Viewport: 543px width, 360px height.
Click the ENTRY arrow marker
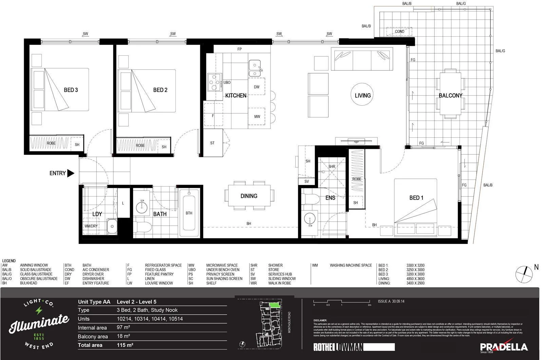tap(71, 173)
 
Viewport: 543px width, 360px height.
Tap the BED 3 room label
tap(71, 90)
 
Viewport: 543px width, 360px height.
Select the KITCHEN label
tap(236, 96)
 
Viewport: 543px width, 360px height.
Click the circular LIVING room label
tap(362, 95)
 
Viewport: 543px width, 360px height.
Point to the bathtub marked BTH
tap(189, 213)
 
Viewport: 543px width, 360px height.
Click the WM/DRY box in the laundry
tap(91, 226)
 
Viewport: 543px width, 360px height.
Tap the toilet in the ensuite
tap(311, 199)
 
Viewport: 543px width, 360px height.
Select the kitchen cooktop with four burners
tap(214, 82)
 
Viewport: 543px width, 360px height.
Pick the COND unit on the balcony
tap(399, 32)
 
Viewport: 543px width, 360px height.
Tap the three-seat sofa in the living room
tap(362, 59)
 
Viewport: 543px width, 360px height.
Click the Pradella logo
tap(504, 346)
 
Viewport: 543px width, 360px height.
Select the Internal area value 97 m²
tap(123, 327)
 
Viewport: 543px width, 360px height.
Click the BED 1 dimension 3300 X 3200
tap(415, 266)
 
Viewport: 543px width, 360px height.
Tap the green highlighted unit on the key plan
tap(275, 305)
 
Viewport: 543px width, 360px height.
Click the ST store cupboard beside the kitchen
tap(213, 143)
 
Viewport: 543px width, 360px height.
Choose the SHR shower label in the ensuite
tap(332, 167)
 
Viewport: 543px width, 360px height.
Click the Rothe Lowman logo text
tap(338, 347)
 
